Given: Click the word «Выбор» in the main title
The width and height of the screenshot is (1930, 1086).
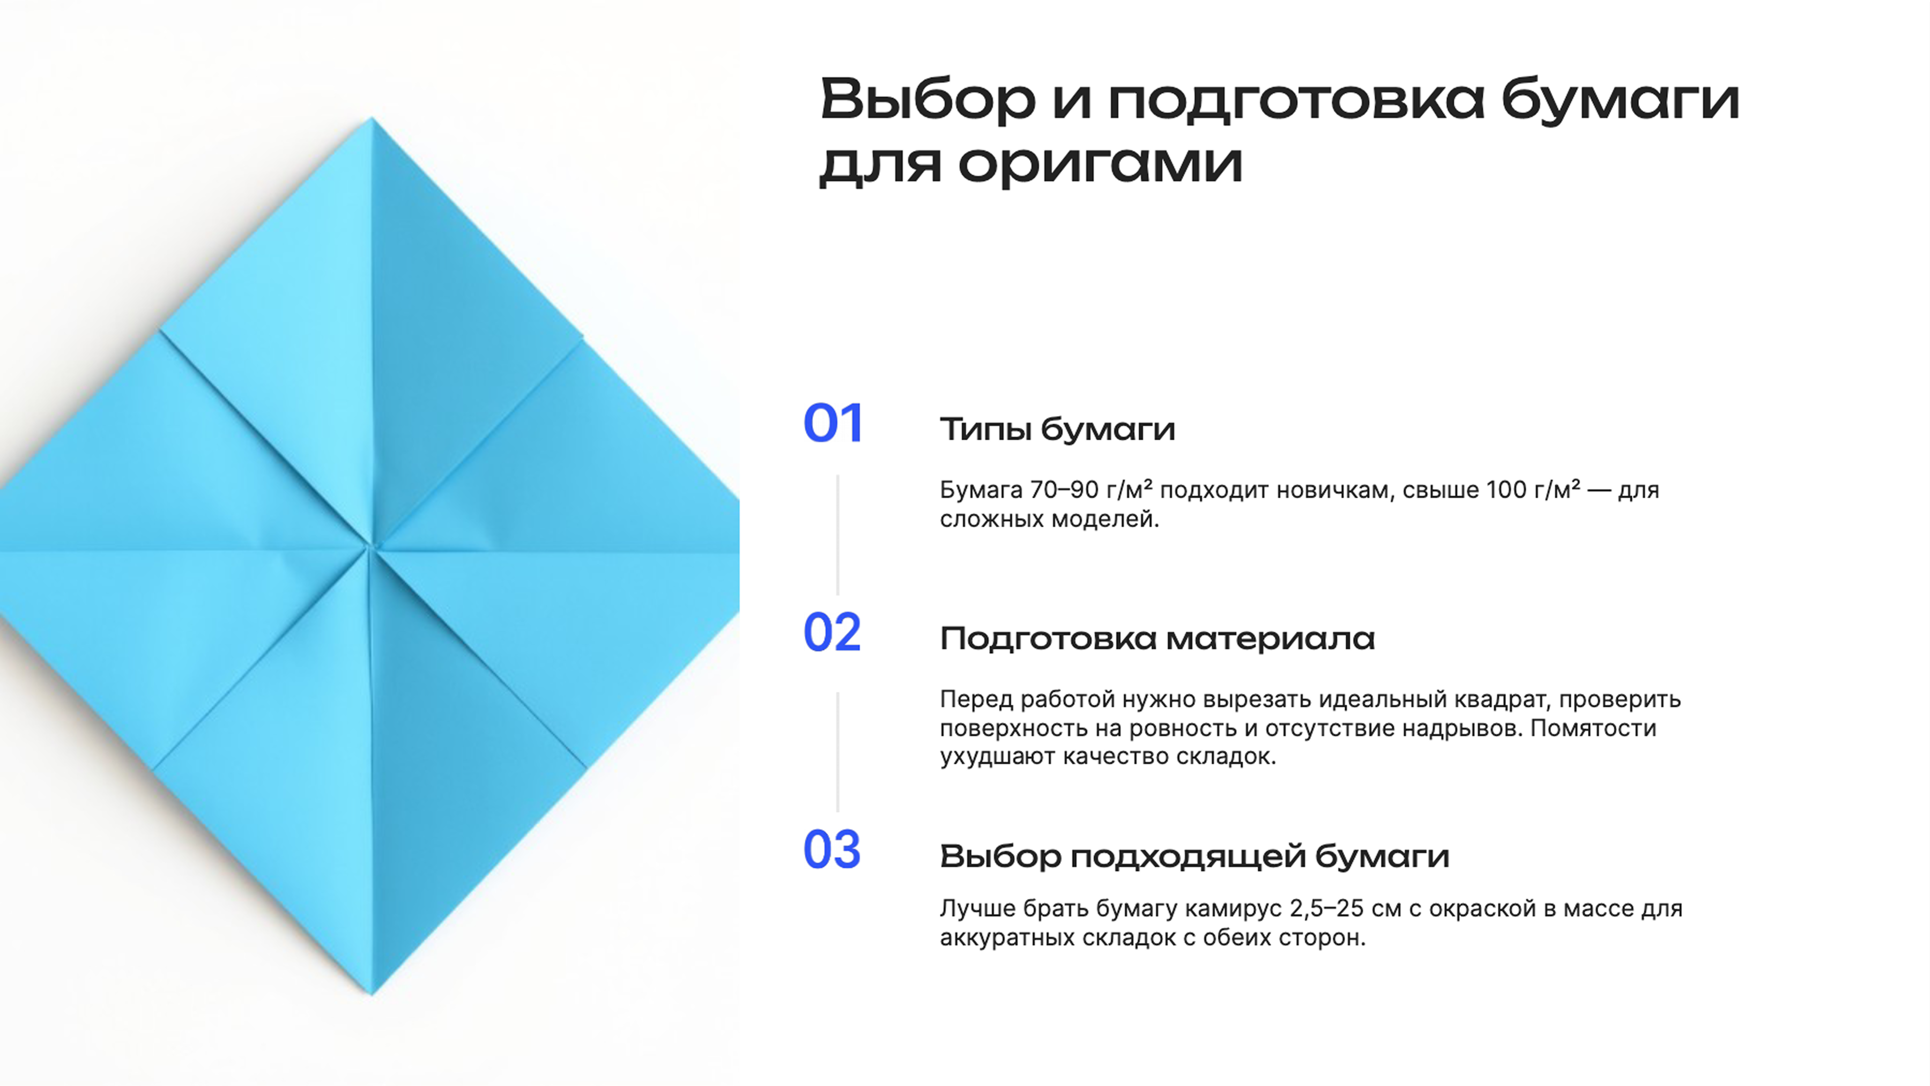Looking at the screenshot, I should tap(927, 100).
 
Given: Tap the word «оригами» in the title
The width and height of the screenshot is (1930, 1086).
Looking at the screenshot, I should tap(1100, 164).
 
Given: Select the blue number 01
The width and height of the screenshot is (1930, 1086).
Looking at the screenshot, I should tap(833, 424).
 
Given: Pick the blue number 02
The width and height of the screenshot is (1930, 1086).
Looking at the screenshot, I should tap(832, 633).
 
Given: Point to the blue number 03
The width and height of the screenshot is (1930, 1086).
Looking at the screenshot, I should tap(832, 850).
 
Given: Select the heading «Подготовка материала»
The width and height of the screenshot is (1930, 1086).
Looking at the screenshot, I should tap(1157, 639).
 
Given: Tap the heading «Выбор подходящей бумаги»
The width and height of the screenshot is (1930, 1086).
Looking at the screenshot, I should tap(1194, 856).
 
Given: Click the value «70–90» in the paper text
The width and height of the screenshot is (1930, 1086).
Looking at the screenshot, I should tap(1064, 490).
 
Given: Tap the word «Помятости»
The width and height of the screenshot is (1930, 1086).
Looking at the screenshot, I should tap(1593, 728).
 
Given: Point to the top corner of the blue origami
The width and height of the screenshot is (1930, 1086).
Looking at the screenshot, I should tap(371, 120).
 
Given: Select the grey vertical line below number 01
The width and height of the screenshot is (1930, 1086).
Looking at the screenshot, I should tap(837, 534).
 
